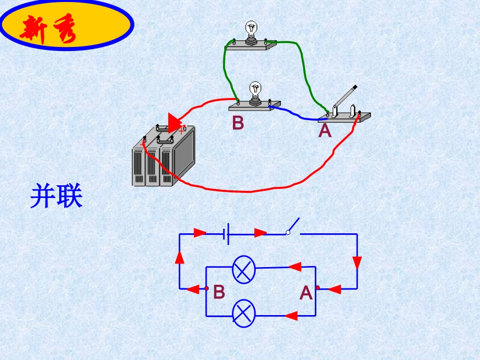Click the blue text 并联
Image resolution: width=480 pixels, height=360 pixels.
[56, 196]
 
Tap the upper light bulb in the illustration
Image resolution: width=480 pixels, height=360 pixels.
[251, 30]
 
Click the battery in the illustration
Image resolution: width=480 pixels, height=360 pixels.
[163, 157]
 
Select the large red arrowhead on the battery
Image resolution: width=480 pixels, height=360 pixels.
[175, 123]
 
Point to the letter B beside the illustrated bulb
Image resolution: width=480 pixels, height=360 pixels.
[238, 123]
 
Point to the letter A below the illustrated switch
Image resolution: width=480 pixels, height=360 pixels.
[325, 131]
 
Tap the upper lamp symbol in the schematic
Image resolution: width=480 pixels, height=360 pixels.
[244, 270]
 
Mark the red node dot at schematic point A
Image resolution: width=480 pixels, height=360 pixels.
[317, 288]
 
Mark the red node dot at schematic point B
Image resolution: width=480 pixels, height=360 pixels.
[207, 289]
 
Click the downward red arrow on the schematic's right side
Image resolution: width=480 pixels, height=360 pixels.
[357, 263]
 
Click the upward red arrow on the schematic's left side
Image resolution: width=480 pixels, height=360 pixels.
[179, 258]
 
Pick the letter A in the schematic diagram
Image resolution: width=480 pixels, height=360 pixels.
[306, 293]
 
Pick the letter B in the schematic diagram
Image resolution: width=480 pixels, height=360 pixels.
[219, 292]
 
